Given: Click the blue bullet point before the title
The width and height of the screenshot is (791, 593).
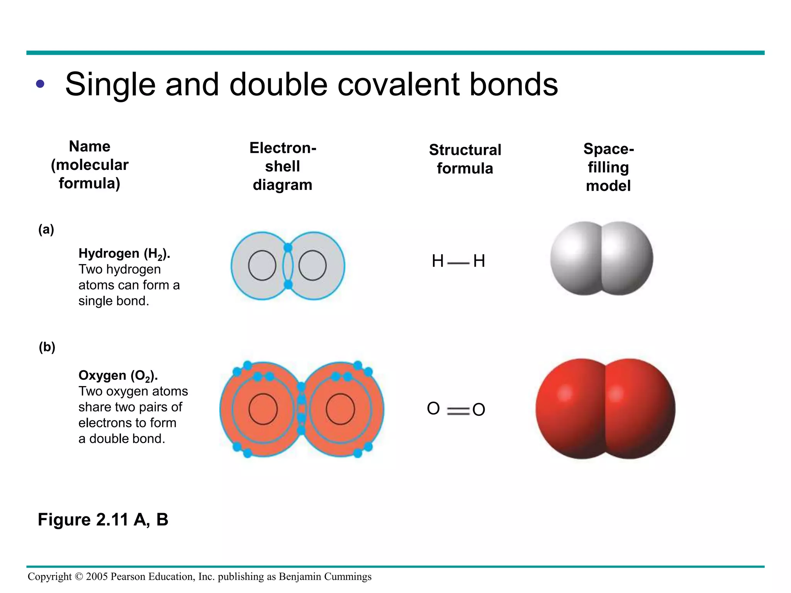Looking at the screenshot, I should [40, 84].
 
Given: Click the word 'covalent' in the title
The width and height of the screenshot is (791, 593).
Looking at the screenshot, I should [398, 85].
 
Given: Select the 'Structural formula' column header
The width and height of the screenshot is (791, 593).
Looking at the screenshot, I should [465, 159].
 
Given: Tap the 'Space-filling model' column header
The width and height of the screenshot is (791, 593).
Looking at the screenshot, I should [608, 167].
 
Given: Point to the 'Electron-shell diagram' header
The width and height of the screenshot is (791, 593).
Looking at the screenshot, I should [283, 166].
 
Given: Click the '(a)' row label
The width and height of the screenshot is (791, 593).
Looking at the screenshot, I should [46, 229].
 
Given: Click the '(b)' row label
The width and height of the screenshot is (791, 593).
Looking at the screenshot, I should [47, 347].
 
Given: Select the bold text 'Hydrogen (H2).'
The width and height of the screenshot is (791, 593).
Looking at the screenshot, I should [124, 254].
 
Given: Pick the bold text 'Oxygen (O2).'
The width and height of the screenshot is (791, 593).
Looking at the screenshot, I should [118, 376].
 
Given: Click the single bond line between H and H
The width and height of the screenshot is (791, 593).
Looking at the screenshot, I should [458, 263].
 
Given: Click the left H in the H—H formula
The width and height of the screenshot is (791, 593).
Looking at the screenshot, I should [438, 261].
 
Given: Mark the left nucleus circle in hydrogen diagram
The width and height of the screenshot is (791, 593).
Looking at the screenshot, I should [262, 266].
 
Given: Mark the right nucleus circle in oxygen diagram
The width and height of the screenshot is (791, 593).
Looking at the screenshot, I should [340, 409].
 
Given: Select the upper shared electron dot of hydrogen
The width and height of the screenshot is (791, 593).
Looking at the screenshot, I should [288, 247].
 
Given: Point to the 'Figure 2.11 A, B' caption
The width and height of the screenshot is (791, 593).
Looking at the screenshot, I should [103, 520].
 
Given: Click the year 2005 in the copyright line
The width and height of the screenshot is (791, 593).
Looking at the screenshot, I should [97, 576].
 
